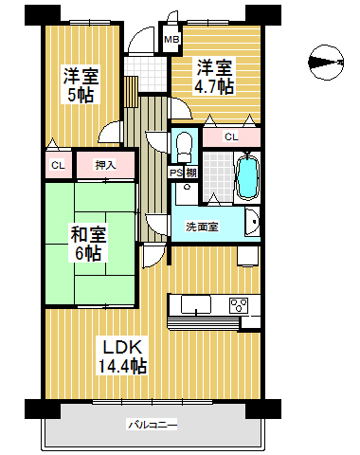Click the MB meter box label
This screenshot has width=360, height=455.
click(x=171, y=40)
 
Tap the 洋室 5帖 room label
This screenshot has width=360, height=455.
click(x=81, y=84)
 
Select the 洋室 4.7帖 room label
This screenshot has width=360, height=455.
click(x=214, y=77)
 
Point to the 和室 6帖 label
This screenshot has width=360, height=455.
click(x=88, y=243)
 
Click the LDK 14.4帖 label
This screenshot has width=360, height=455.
click(x=122, y=356)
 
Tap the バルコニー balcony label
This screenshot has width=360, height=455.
click(x=153, y=425)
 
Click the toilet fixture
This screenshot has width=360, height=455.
click(x=184, y=147)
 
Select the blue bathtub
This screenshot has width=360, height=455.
click(x=247, y=177)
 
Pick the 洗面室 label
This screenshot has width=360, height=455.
click(x=202, y=227)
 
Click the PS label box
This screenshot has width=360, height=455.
click(x=176, y=173)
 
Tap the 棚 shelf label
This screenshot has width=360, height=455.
click(x=191, y=173)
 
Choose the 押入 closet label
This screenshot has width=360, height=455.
click(x=105, y=165)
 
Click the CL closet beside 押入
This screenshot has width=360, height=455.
click(x=58, y=165)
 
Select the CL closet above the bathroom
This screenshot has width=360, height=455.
click(x=231, y=136)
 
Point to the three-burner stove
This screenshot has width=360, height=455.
click(x=239, y=305)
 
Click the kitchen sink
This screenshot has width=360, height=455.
click(x=196, y=304)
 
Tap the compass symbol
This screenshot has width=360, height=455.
click(x=326, y=63)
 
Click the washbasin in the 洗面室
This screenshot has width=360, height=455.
click(x=252, y=222)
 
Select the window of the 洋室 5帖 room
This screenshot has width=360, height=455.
click(x=90, y=22)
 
